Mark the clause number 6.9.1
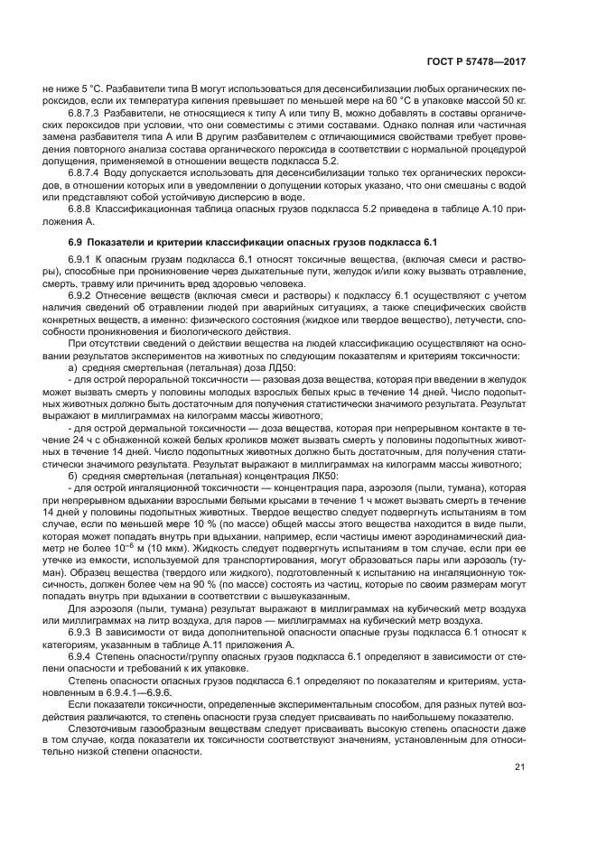[83, 260]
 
